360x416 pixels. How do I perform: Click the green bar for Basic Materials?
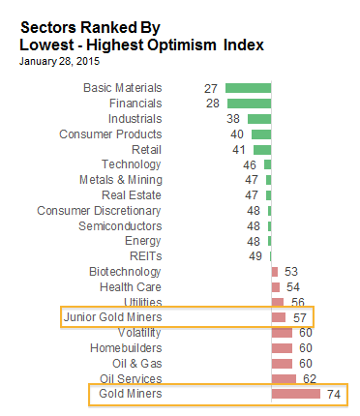[248, 88]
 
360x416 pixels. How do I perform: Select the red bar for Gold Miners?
[296, 394]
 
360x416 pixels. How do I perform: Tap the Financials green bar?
[249, 104]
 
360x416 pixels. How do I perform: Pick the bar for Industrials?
[259, 119]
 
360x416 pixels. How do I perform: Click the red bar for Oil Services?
[284, 378]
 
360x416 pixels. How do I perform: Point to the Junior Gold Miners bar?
[279, 317]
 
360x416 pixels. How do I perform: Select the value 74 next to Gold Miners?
[334, 394]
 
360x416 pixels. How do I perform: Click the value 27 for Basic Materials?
[211, 88]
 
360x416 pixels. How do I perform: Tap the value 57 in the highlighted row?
[299, 318]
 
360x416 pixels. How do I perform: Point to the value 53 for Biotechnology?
[291, 272]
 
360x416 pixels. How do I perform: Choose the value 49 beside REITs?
[255, 256]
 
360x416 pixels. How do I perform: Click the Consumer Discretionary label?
[99, 211]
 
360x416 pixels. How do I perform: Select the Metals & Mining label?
[121, 180]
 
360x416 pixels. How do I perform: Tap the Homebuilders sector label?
[126, 348]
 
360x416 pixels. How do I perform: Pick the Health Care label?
[131, 287]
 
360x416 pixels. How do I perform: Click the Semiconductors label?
[120, 226]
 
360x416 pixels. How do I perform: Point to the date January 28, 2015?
[59, 61]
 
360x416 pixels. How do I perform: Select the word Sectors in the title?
[48, 27]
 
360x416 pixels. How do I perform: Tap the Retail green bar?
[262, 150]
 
